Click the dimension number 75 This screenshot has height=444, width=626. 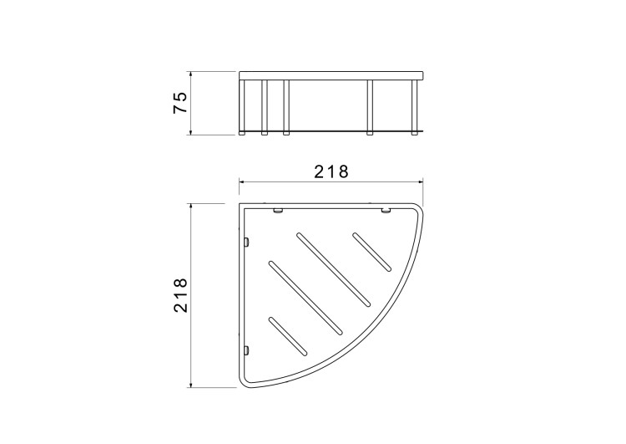click(180, 103)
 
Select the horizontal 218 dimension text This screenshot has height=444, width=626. click(331, 171)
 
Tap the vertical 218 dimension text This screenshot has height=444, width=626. click(180, 295)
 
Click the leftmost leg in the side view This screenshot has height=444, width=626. click(242, 107)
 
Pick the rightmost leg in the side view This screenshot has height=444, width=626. click(415, 107)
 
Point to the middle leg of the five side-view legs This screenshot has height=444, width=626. click(286, 107)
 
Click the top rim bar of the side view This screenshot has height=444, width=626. click(331, 75)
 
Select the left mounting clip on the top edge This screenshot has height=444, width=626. click(278, 211)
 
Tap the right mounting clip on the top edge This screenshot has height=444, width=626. click(386, 211)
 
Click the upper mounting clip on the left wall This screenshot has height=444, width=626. click(246, 242)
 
